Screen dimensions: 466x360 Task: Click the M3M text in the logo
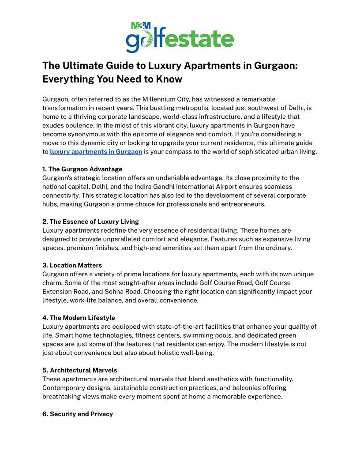(141, 26)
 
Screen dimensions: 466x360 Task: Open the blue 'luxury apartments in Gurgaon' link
(96, 152)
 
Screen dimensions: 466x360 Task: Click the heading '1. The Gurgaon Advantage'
(82, 169)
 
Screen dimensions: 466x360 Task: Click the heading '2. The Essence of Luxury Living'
(90, 222)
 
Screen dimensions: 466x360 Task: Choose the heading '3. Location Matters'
(72, 265)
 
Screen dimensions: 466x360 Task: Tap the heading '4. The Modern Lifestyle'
(79, 318)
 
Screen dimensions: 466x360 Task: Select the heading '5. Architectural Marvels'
(79, 370)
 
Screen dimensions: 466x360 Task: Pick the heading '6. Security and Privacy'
(78, 414)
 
